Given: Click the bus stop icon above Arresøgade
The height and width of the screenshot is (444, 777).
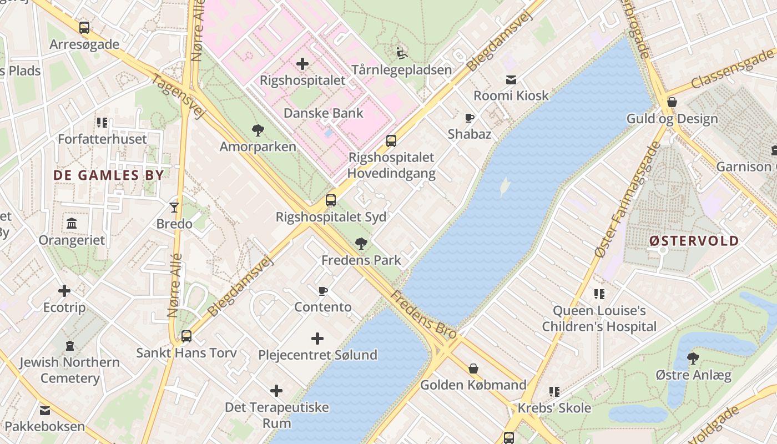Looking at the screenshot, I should (84, 27).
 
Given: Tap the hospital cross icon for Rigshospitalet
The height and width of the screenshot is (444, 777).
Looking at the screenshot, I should (302, 64).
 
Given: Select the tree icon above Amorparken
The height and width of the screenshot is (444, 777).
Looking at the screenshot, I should (258, 130).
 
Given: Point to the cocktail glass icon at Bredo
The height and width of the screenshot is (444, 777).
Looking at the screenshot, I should (174, 208).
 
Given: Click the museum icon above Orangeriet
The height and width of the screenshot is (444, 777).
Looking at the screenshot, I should (72, 224).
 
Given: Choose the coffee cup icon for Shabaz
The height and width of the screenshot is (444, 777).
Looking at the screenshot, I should (470, 118).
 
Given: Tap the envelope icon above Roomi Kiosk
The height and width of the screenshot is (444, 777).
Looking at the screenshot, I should (511, 79).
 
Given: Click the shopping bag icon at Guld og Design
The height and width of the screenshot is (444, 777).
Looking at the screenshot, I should (672, 102).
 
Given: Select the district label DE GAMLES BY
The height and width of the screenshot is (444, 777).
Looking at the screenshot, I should (109, 175).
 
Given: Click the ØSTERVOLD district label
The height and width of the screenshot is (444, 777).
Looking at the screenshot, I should (694, 241).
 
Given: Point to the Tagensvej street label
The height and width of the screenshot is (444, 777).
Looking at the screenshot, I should (178, 97).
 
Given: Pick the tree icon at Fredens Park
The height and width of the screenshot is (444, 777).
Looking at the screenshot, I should (361, 243).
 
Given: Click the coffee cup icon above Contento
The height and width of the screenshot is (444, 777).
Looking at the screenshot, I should (323, 291).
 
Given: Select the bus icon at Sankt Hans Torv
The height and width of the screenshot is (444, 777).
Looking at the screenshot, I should (186, 336).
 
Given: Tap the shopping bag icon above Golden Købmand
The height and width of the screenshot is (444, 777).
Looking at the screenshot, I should (473, 369).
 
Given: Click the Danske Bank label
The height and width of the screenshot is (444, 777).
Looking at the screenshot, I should (324, 113).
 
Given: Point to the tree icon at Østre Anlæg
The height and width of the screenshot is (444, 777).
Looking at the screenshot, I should (693, 359).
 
